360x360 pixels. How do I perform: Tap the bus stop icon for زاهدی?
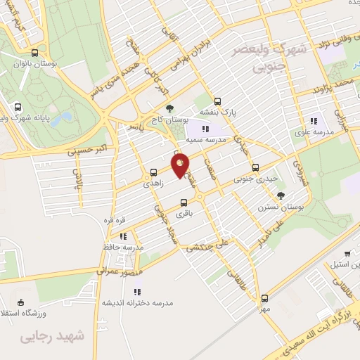click(x=153, y=172)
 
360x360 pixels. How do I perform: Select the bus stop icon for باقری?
click(x=183, y=202)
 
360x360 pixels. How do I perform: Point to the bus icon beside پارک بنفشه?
click(x=217, y=100)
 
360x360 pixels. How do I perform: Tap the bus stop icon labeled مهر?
click(x=264, y=298)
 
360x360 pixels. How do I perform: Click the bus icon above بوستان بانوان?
click(x=35, y=53)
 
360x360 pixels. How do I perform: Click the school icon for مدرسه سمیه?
click(x=205, y=129)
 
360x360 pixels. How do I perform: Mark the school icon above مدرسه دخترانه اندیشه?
click(x=138, y=291)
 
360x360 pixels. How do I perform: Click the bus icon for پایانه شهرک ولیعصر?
click(x=17, y=108)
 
